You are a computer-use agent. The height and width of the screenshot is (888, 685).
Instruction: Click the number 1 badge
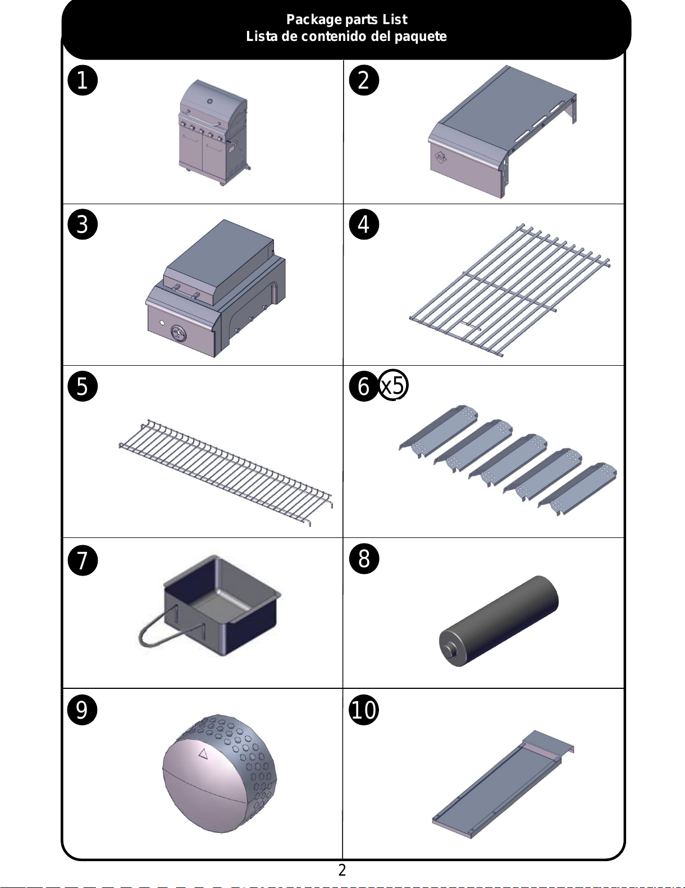pyautogui.click(x=82, y=80)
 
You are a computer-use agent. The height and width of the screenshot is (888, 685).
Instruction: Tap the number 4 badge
pyautogui.click(x=364, y=224)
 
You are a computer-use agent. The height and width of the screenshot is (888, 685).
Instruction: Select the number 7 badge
pyautogui.click(x=82, y=560)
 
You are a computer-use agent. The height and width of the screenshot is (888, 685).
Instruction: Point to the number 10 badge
pyautogui.click(x=364, y=710)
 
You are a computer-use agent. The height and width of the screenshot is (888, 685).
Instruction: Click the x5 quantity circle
pyautogui.click(x=394, y=385)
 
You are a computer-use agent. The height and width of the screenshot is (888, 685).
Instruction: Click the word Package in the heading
pyautogui.click(x=314, y=20)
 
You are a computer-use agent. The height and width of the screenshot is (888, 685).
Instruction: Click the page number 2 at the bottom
pyautogui.click(x=342, y=870)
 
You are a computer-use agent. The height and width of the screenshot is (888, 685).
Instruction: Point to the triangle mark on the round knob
pyautogui.click(x=203, y=753)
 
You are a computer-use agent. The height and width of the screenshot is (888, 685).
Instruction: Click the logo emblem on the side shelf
pyautogui.click(x=441, y=157)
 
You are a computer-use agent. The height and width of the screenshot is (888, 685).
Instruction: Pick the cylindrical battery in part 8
pyautogui.click(x=499, y=621)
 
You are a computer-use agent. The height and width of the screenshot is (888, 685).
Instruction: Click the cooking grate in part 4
pyautogui.click(x=510, y=289)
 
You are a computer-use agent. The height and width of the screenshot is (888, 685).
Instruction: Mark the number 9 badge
pyautogui.click(x=82, y=710)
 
